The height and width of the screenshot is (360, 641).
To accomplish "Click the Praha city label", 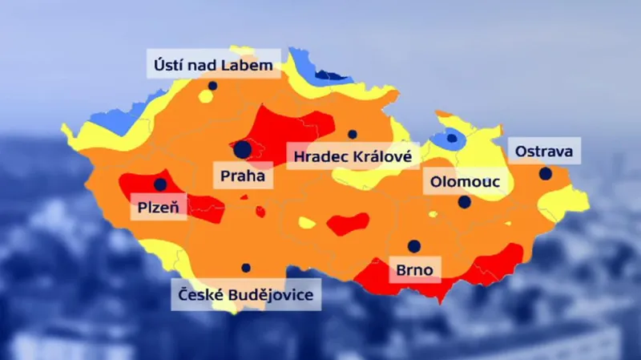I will coord(243,175).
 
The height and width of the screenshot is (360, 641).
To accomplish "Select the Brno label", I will coord(414,270).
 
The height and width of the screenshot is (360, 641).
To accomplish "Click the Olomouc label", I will coord(465,182).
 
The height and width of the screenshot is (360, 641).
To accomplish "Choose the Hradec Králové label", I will coord(353,156).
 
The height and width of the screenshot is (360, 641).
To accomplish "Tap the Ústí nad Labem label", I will coord(213,65).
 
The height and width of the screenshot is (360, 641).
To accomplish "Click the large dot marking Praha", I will coord(242,149).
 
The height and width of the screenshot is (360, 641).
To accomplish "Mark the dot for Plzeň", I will coord(160,184).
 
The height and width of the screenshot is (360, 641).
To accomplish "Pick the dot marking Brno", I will coord(414,246).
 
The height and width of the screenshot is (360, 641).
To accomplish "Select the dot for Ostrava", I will coord(546,173).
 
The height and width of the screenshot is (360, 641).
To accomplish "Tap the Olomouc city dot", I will coord(464,202).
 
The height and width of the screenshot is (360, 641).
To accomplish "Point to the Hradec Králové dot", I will coord(352,135).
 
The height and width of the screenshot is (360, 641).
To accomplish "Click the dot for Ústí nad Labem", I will coord(212,86).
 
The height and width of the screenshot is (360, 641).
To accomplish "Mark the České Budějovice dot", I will coord(246,268).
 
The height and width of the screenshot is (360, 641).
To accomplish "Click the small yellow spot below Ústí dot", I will coord(206,97).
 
